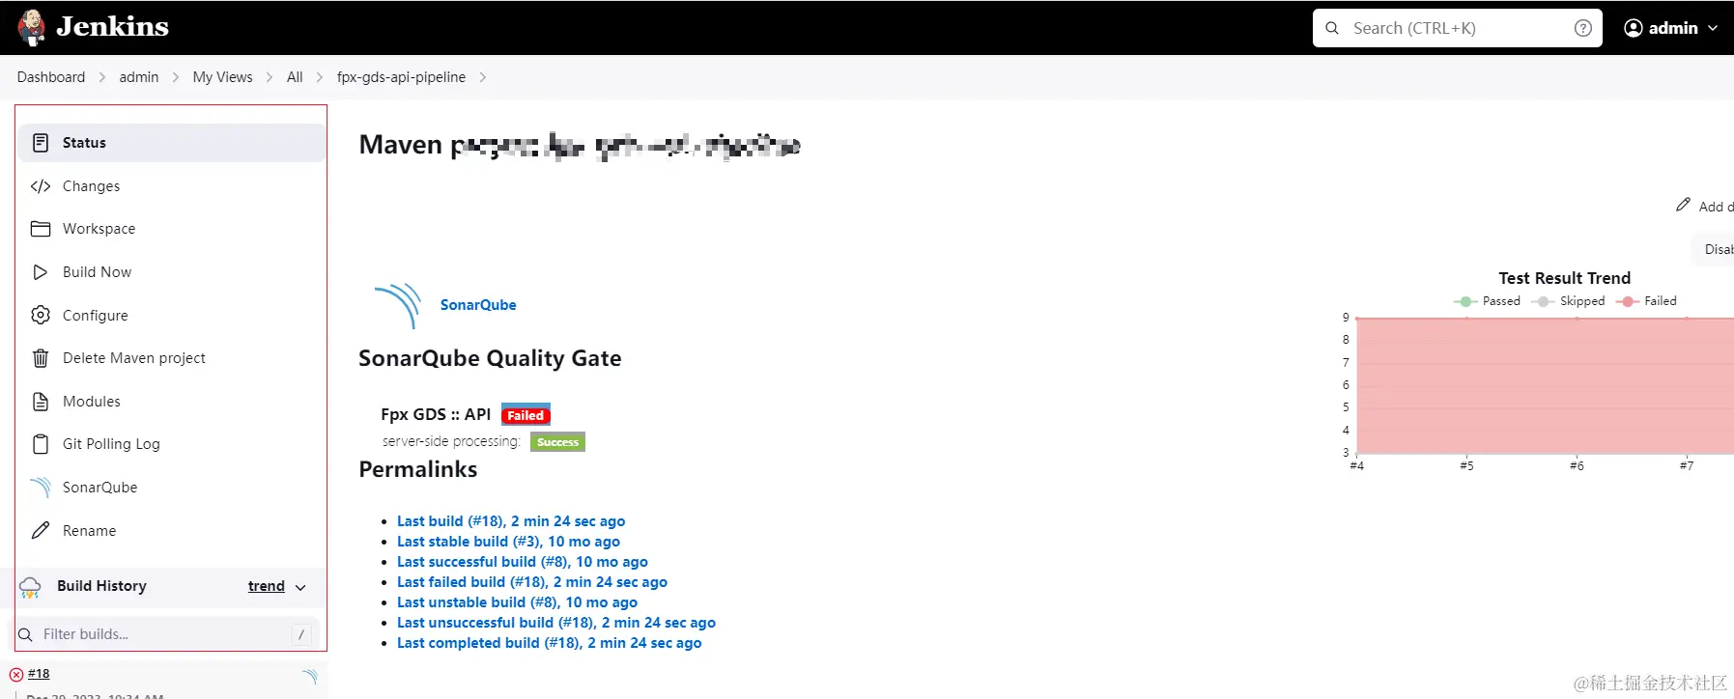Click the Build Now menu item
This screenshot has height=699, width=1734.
point(97,272)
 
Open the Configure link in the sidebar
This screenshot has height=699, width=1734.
point(95,316)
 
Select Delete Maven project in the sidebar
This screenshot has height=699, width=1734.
point(133,358)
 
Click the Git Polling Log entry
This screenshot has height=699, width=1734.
point(111,444)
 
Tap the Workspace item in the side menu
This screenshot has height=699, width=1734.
point(99,229)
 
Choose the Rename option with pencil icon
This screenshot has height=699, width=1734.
point(89,531)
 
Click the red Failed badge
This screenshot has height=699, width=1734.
point(526,415)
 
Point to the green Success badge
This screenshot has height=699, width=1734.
point(557,442)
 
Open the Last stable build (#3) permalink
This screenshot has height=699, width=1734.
point(508,542)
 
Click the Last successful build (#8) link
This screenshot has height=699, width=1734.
point(522,562)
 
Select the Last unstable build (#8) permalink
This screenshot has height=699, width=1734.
point(517,602)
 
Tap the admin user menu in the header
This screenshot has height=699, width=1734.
point(1671,28)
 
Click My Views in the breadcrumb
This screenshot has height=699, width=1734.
point(222,77)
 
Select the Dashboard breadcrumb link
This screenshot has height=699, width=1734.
point(51,77)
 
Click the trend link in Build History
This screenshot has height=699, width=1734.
point(266,586)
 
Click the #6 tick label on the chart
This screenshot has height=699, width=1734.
point(1577,466)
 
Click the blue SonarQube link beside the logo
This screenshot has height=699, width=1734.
point(478,305)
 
